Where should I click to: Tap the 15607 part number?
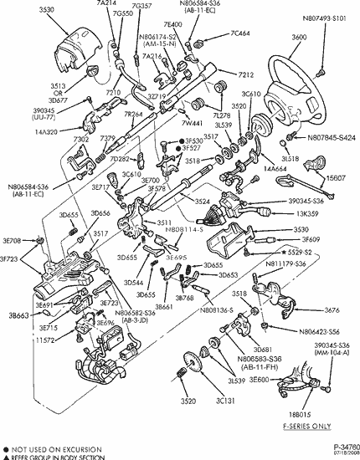(x=336, y=177)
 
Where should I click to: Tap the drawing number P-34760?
(x=342, y=447)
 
